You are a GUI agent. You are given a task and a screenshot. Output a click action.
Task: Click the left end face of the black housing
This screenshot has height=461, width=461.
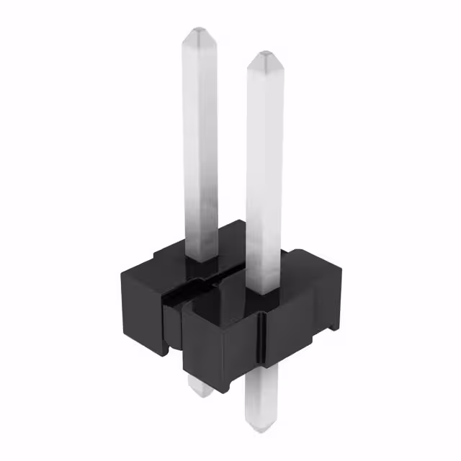[140, 303]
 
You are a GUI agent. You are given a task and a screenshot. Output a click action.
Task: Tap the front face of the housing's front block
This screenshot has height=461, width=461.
[216, 339]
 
